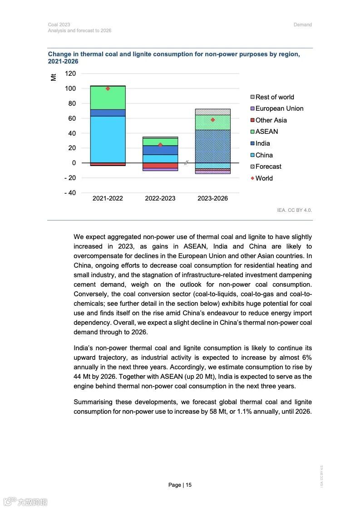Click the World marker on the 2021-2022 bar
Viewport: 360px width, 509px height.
click(108, 88)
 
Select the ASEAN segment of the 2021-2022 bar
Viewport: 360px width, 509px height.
click(108, 98)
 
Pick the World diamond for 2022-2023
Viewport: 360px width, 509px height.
click(160, 145)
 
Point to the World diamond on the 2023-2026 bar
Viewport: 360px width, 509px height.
click(212, 120)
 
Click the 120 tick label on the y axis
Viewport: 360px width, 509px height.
click(70, 73)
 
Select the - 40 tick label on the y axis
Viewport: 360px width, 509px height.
click(69, 193)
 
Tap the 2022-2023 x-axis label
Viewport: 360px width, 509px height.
click(160, 199)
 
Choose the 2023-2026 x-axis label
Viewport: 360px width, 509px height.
click(212, 199)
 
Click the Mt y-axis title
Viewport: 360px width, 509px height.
click(54, 77)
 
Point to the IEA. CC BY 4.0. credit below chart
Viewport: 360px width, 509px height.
click(294, 210)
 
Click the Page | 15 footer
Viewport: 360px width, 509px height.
click(180, 485)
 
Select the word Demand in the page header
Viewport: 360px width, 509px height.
click(302, 24)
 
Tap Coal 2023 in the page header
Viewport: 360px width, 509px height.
click(59, 24)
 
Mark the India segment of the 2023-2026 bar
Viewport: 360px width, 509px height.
click(212, 146)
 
